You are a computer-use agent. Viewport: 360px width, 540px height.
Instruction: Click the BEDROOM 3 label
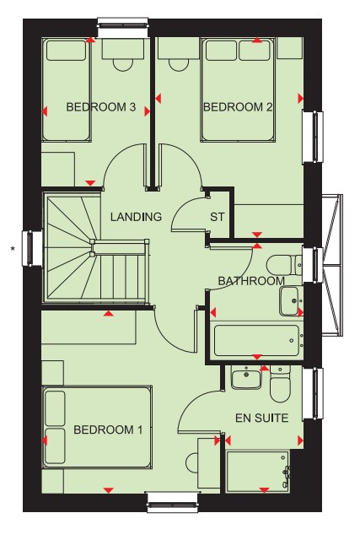101,107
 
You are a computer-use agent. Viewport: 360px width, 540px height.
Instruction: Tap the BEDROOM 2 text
238,107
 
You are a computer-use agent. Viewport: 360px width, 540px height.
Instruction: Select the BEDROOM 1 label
108,429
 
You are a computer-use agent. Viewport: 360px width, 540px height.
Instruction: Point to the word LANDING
136,217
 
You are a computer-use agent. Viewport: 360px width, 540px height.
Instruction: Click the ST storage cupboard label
218,217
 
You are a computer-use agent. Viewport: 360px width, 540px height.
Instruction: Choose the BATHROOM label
251,281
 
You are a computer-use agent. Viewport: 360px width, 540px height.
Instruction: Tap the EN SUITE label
261,418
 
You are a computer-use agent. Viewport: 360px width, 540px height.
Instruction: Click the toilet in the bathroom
284,265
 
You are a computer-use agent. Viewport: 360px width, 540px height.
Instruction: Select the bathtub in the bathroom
257,341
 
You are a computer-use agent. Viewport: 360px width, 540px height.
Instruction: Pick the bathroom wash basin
291,300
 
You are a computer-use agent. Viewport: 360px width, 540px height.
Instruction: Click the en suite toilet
280,384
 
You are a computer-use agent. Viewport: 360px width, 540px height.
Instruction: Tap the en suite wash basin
246,378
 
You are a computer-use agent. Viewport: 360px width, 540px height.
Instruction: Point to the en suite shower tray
258,471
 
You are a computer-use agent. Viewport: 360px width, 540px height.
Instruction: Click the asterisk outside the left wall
13,248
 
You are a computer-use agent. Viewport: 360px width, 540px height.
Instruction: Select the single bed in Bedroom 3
66,89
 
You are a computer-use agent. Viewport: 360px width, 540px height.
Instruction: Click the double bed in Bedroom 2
238,89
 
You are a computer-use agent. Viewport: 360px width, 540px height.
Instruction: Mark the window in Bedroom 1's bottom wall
174,502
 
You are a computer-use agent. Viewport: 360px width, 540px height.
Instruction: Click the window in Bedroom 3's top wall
124,28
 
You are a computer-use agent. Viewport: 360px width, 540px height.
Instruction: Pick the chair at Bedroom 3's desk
123,65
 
